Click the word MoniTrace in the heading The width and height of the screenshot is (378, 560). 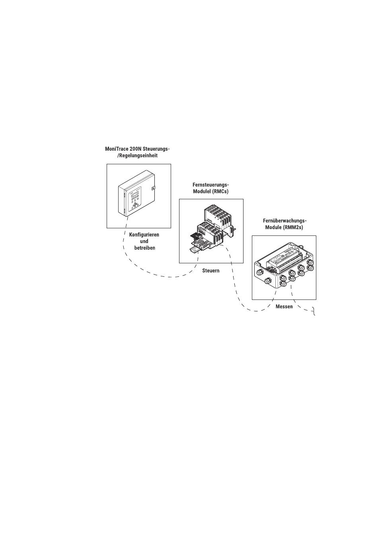pos(117,149)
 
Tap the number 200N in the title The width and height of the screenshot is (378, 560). pos(136,149)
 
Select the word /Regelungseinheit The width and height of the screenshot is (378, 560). pos(137,156)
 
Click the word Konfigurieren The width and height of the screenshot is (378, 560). pos(144,235)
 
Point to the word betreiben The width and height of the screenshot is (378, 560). pos(144,248)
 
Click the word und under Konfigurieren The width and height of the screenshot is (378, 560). pos(144,241)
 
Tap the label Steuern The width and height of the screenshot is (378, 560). pos(211,270)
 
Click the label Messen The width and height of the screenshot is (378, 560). pos(284,307)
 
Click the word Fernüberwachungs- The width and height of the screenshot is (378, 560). pos(284,221)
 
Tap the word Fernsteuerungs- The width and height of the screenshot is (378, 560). pos(211,185)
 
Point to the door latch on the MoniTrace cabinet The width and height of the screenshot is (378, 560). pos(154,188)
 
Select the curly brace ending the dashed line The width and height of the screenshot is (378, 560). pos(314,312)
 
